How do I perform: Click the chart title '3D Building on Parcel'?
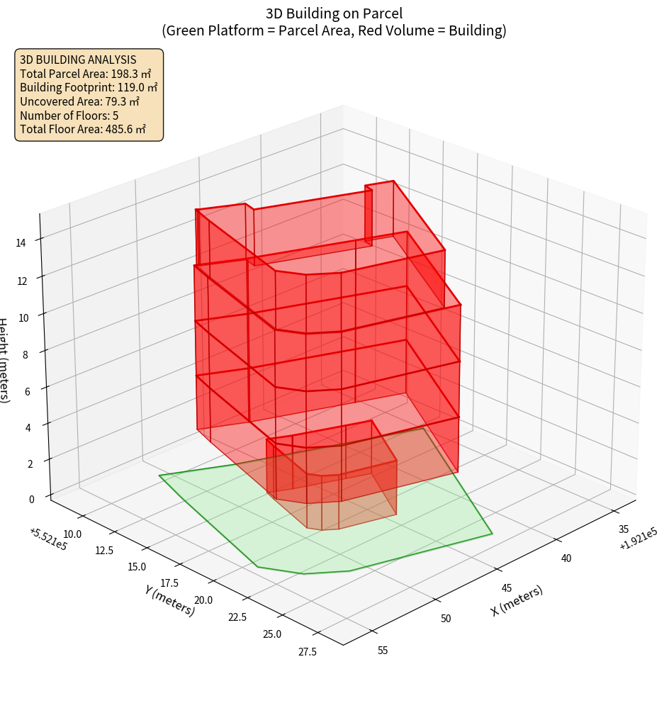coord(334,13)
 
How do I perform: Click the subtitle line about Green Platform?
coord(334,30)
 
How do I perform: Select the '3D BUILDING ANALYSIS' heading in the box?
coord(78,60)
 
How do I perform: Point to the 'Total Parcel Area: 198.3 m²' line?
coord(86,74)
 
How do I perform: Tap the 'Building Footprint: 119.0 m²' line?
coord(89,87)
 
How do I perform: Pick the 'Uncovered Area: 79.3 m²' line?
coord(81,101)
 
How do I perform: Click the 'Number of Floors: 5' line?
coord(69,115)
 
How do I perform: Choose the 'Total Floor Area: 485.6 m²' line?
coord(83,129)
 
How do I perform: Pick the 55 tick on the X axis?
coord(382,651)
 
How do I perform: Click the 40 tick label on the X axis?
coord(566,558)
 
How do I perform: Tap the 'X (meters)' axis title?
coord(517,600)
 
